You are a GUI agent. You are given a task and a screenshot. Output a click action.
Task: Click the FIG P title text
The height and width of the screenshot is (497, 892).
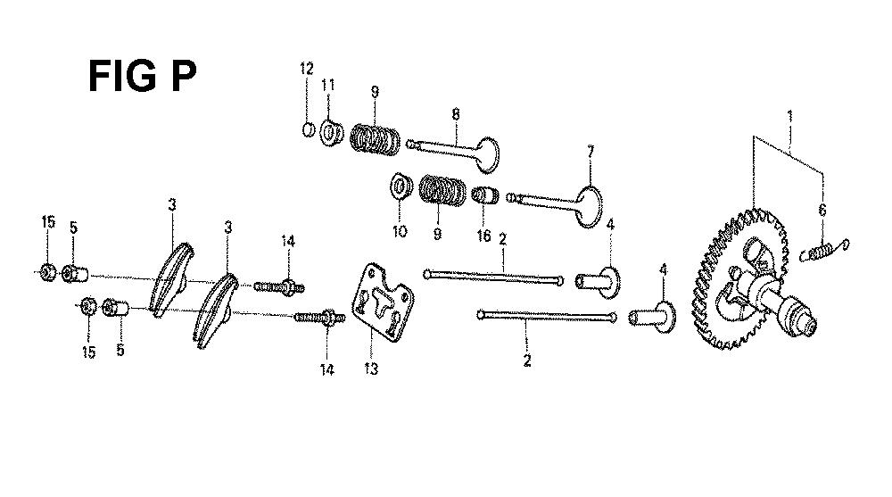tap(142, 76)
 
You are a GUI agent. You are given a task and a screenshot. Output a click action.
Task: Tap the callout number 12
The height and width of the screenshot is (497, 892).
tap(307, 69)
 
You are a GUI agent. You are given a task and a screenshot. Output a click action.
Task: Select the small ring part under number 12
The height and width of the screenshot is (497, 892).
tap(308, 129)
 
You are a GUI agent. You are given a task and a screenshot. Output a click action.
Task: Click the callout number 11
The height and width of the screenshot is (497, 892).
tap(328, 86)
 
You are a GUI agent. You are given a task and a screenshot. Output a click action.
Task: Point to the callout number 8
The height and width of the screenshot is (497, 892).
tap(456, 114)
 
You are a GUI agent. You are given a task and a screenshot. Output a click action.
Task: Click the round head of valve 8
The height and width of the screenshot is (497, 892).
tap(488, 154)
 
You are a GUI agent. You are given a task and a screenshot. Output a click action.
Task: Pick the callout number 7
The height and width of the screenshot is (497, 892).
tap(591, 152)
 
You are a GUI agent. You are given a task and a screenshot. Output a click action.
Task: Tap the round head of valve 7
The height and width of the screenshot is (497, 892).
tap(589, 206)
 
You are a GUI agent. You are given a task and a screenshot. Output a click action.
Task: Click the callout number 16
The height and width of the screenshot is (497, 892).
tap(483, 236)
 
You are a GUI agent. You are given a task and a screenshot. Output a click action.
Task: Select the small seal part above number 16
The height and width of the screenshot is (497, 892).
tap(485, 195)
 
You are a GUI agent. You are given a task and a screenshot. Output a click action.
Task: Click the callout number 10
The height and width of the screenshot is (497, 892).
tap(400, 231)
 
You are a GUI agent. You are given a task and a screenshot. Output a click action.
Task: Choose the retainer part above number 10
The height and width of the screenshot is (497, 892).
tap(401, 187)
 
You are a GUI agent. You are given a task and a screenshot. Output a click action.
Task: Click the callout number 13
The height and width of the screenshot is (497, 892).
tap(371, 369)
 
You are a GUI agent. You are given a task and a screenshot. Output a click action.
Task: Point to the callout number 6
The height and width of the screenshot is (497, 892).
tap(822, 210)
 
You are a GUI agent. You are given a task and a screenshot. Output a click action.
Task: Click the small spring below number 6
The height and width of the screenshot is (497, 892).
tap(824, 249)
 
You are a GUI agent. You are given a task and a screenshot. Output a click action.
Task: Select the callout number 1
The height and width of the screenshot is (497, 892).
tap(789, 116)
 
